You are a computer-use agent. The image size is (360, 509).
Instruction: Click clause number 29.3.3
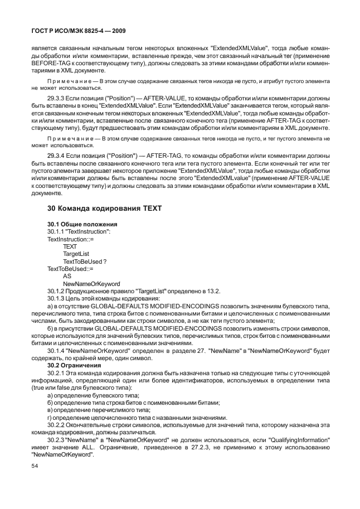[58, 97]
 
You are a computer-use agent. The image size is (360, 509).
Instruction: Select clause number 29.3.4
[58, 157]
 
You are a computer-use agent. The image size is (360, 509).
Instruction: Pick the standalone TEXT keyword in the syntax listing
[70, 246]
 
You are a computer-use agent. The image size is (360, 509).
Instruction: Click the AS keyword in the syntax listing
[67, 276]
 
